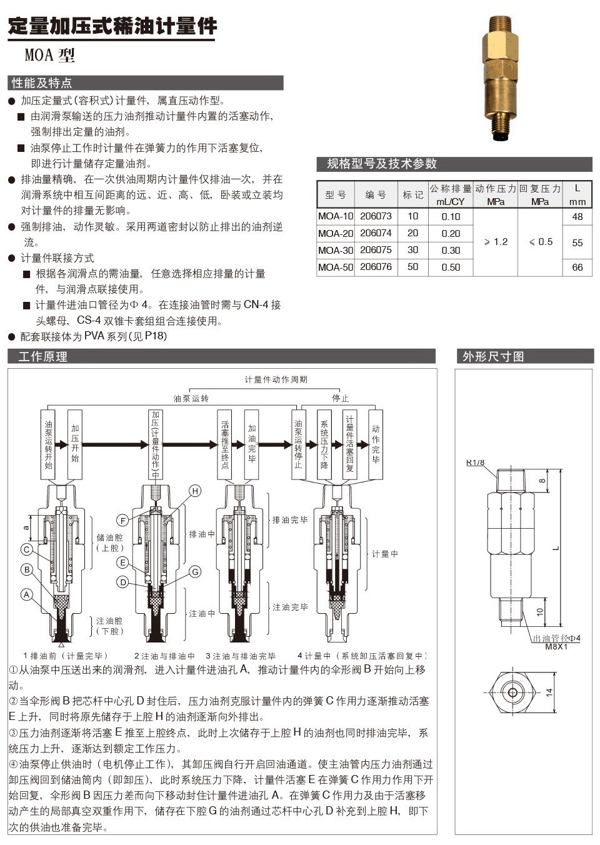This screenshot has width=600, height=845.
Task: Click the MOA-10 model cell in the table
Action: coord(336,216)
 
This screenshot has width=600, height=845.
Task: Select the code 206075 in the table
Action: coord(376,250)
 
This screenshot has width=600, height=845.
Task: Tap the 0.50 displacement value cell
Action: coord(450,267)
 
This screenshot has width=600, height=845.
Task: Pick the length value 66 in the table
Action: coord(577,267)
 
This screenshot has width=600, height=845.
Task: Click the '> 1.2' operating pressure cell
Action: coord(496,242)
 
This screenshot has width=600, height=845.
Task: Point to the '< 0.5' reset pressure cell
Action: coord(540,242)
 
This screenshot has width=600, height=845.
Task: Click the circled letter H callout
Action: coord(195,491)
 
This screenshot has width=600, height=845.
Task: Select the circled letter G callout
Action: coord(195,571)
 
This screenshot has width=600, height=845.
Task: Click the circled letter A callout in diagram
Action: coord(27,594)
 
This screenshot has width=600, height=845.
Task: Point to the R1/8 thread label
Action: coord(475,463)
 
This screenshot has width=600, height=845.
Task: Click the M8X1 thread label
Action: coord(556,647)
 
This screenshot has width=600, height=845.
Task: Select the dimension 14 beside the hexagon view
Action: coord(549,692)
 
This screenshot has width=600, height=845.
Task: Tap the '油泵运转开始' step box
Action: coord(49,444)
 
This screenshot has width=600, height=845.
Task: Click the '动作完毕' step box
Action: coord(376,444)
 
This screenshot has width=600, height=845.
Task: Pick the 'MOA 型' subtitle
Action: coord(49,56)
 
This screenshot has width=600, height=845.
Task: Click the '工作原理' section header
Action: coord(42,357)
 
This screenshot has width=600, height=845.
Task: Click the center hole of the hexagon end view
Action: coord(512,692)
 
